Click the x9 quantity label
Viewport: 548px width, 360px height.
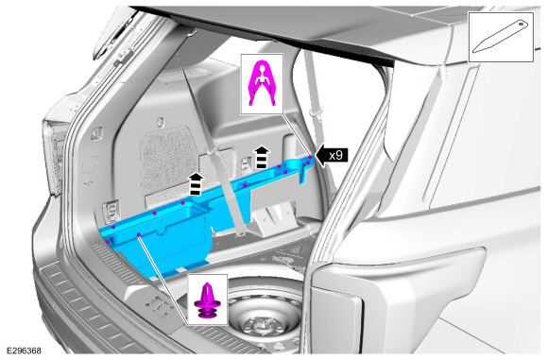[335, 155]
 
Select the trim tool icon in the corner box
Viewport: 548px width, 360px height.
[500, 37]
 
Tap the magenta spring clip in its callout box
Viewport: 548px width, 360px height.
[261, 83]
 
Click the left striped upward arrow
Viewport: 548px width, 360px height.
[197, 183]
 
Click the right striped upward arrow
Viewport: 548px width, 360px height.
[262, 158]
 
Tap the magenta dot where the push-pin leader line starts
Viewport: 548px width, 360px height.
[139, 234]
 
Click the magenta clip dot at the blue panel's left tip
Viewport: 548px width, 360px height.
[108, 242]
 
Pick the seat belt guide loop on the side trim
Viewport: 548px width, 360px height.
[211, 150]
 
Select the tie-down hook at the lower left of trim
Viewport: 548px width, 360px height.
[110, 213]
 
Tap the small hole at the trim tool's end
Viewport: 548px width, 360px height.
[521, 24]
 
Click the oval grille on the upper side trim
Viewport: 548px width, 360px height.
[184, 74]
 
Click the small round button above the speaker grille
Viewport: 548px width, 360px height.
[160, 122]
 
